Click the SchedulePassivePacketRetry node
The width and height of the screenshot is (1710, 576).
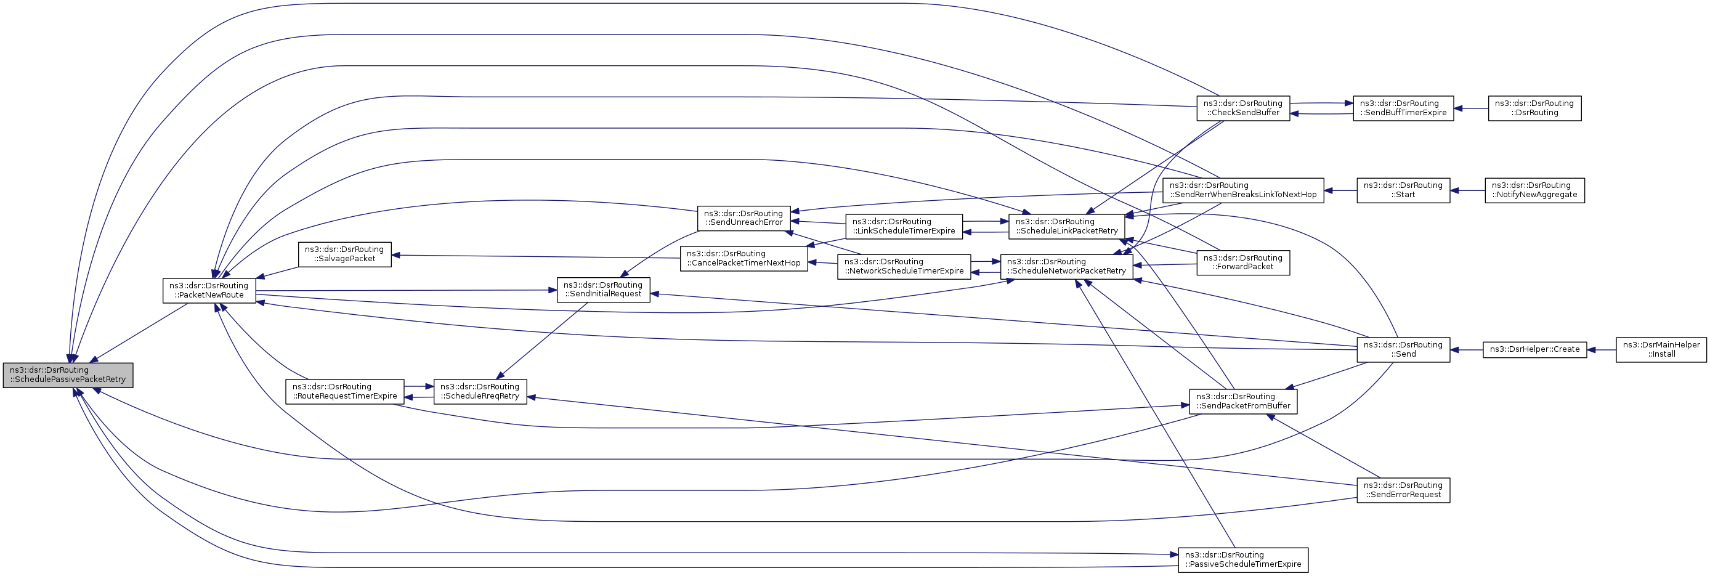click(x=68, y=375)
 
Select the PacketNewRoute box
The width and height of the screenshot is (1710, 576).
click(x=209, y=290)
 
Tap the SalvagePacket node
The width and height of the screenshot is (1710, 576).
click(x=344, y=254)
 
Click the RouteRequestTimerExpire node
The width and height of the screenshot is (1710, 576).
click(x=344, y=392)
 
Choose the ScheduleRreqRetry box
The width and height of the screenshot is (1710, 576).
click(x=480, y=392)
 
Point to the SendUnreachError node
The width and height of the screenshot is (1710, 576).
click(x=744, y=217)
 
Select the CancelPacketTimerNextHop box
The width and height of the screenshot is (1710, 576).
click(x=744, y=258)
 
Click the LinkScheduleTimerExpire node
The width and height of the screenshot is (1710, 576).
click(x=904, y=226)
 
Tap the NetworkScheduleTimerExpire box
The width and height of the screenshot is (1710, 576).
click(x=904, y=266)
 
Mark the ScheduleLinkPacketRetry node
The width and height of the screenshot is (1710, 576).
click(x=1067, y=226)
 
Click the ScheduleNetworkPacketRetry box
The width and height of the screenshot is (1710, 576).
click(x=1066, y=266)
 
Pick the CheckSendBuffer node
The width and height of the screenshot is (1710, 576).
click(x=1242, y=108)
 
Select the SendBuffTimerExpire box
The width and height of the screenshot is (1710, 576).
click(x=1403, y=108)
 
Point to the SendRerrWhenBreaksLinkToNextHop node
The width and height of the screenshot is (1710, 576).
click(x=1242, y=190)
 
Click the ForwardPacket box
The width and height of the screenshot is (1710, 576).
click(x=1242, y=262)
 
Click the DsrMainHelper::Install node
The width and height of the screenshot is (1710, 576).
click(x=1661, y=349)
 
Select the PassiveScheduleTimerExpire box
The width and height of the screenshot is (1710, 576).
click(x=1242, y=559)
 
